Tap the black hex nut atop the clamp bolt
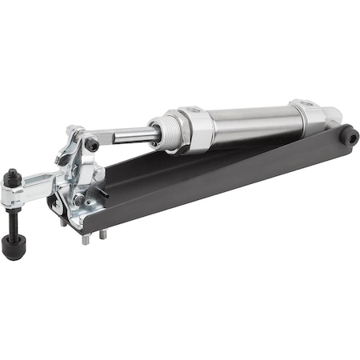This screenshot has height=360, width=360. click(14, 176)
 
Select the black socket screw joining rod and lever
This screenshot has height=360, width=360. click(93, 144)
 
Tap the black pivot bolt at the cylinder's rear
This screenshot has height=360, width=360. click(349, 136)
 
